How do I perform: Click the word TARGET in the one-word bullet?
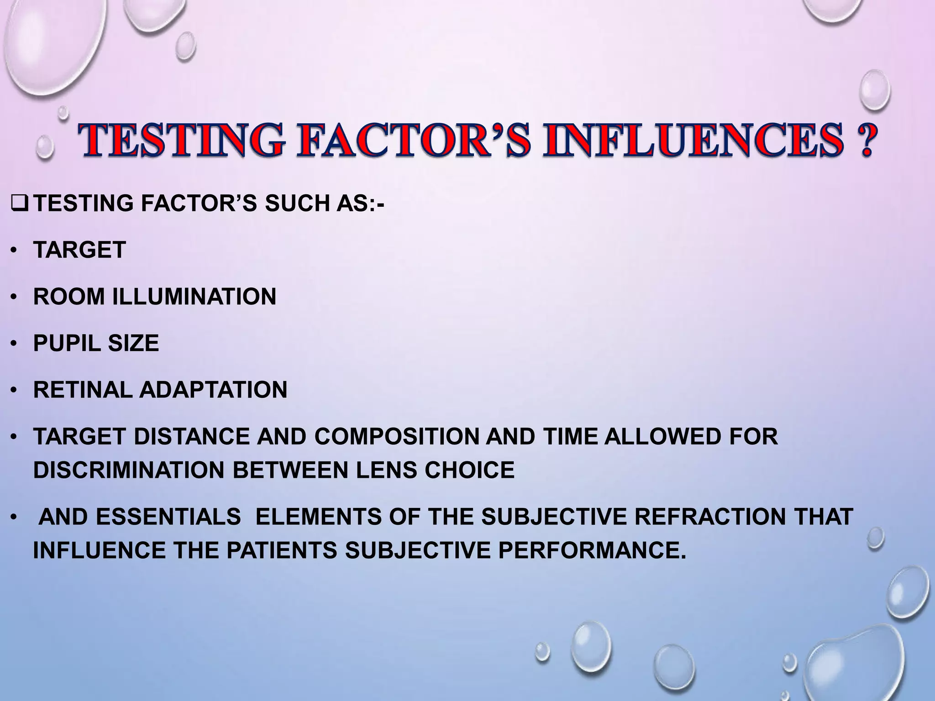click(79, 250)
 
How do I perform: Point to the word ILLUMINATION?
click(194, 297)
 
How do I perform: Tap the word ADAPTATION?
click(213, 390)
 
